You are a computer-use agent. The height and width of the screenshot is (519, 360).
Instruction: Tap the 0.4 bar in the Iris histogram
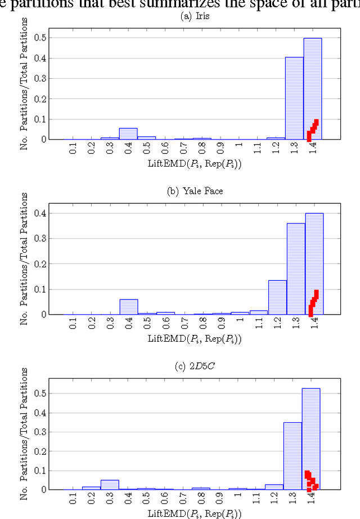128,133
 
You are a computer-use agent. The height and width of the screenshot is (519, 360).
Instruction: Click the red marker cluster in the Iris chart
312,130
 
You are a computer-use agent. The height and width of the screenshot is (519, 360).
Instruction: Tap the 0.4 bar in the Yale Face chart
128,307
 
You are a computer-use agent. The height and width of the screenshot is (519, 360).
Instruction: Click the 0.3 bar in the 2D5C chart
110,485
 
